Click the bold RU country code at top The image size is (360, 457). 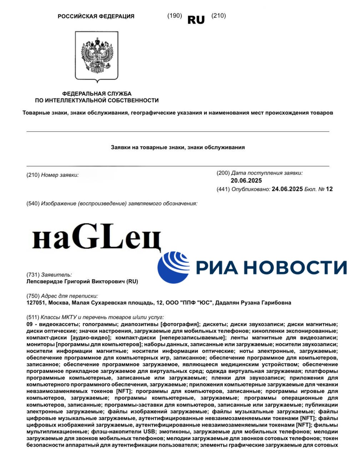coord(196,20)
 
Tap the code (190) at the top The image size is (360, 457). coord(175,16)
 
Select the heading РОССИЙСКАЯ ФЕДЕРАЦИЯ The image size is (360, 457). coord(96,16)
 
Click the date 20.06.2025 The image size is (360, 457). coord(246,181)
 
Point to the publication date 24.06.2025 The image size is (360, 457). coord(287,189)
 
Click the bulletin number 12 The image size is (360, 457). coord(329,189)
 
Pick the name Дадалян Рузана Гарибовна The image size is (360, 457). coord(253,303)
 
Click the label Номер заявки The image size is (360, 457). coord(60,175)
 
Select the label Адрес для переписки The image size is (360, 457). coord(69,296)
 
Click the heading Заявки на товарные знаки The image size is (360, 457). coord(178,147)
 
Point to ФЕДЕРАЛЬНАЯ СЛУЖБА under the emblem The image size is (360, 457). coord(97,94)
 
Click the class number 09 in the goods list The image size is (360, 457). coord(30,324)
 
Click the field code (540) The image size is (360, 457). coord(33,204)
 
